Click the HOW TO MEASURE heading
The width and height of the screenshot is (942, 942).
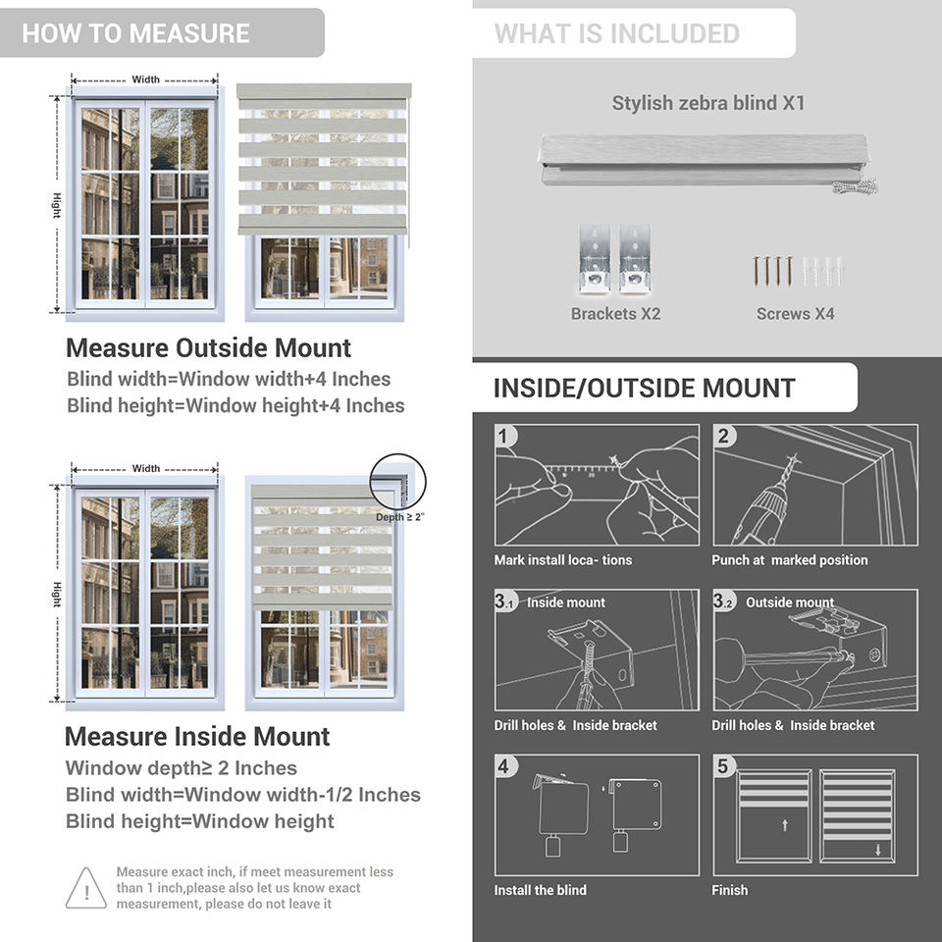pos(135,33)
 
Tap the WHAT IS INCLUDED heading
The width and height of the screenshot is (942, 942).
pos(617,33)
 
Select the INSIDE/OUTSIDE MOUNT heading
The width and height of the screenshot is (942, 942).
pos(644,388)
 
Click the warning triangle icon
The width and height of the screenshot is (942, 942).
pos(86,888)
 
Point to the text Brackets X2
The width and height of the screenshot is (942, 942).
pos(615,314)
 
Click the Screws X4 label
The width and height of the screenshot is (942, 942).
pos(796,314)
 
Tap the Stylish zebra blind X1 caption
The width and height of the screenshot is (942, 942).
pos(708,103)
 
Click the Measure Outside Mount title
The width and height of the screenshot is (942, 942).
pos(208,348)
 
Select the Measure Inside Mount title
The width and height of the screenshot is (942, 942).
pos(197,737)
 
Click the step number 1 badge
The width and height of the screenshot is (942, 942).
pos(504,436)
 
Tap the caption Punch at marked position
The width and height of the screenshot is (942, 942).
pos(790,560)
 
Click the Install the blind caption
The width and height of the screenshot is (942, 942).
pos(541,890)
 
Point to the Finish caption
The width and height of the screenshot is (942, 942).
pos(730,890)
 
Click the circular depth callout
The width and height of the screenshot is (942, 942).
pos(398,481)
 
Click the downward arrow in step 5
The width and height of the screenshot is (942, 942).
pos(878,850)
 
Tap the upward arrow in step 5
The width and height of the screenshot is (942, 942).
pos(785,825)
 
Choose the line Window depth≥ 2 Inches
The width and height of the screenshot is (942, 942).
pos(181,768)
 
